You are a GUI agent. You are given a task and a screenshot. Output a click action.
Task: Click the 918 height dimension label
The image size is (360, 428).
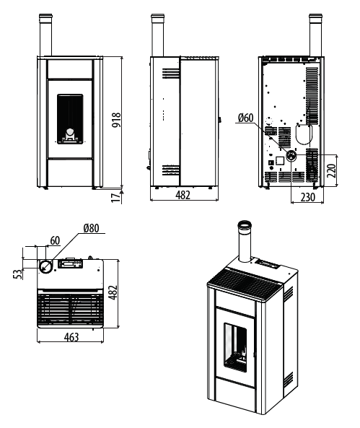click(x=117, y=120)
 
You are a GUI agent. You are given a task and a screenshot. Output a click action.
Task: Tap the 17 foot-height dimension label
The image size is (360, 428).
click(x=116, y=197)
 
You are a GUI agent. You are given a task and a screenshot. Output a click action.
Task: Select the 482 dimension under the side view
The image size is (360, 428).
click(x=183, y=195)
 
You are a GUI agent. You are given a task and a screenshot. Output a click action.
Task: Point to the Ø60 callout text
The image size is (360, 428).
click(x=245, y=118)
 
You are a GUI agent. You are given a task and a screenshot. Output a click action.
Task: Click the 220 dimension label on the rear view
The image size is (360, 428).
click(x=331, y=170)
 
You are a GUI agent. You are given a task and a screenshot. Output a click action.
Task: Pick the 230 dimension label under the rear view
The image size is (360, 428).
click(x=307, y=197)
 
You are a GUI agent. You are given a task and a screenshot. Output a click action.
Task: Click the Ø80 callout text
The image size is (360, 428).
click(x=92, y=228)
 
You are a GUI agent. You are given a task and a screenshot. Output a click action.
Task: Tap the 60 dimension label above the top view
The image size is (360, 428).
click(x=55, y=240)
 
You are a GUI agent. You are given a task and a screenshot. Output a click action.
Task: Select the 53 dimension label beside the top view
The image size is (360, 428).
click(x=17, y=274)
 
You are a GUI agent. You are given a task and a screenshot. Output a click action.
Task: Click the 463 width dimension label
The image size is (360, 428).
click(x=71, y=337)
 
